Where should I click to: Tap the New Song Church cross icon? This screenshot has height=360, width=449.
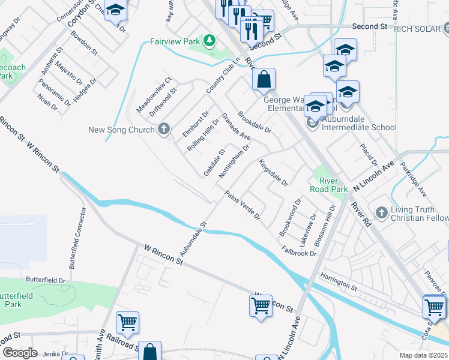point(164,130)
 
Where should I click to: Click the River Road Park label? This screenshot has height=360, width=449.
point(328,185)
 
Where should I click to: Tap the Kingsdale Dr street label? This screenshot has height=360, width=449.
point(274,172)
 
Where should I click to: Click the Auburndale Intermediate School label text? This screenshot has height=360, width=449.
point(358,127)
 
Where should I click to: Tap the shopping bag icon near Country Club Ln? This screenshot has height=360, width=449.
point(264,78)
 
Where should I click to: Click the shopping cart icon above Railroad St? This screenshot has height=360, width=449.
point(127,323)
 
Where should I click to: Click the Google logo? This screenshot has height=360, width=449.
point(20,353)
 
